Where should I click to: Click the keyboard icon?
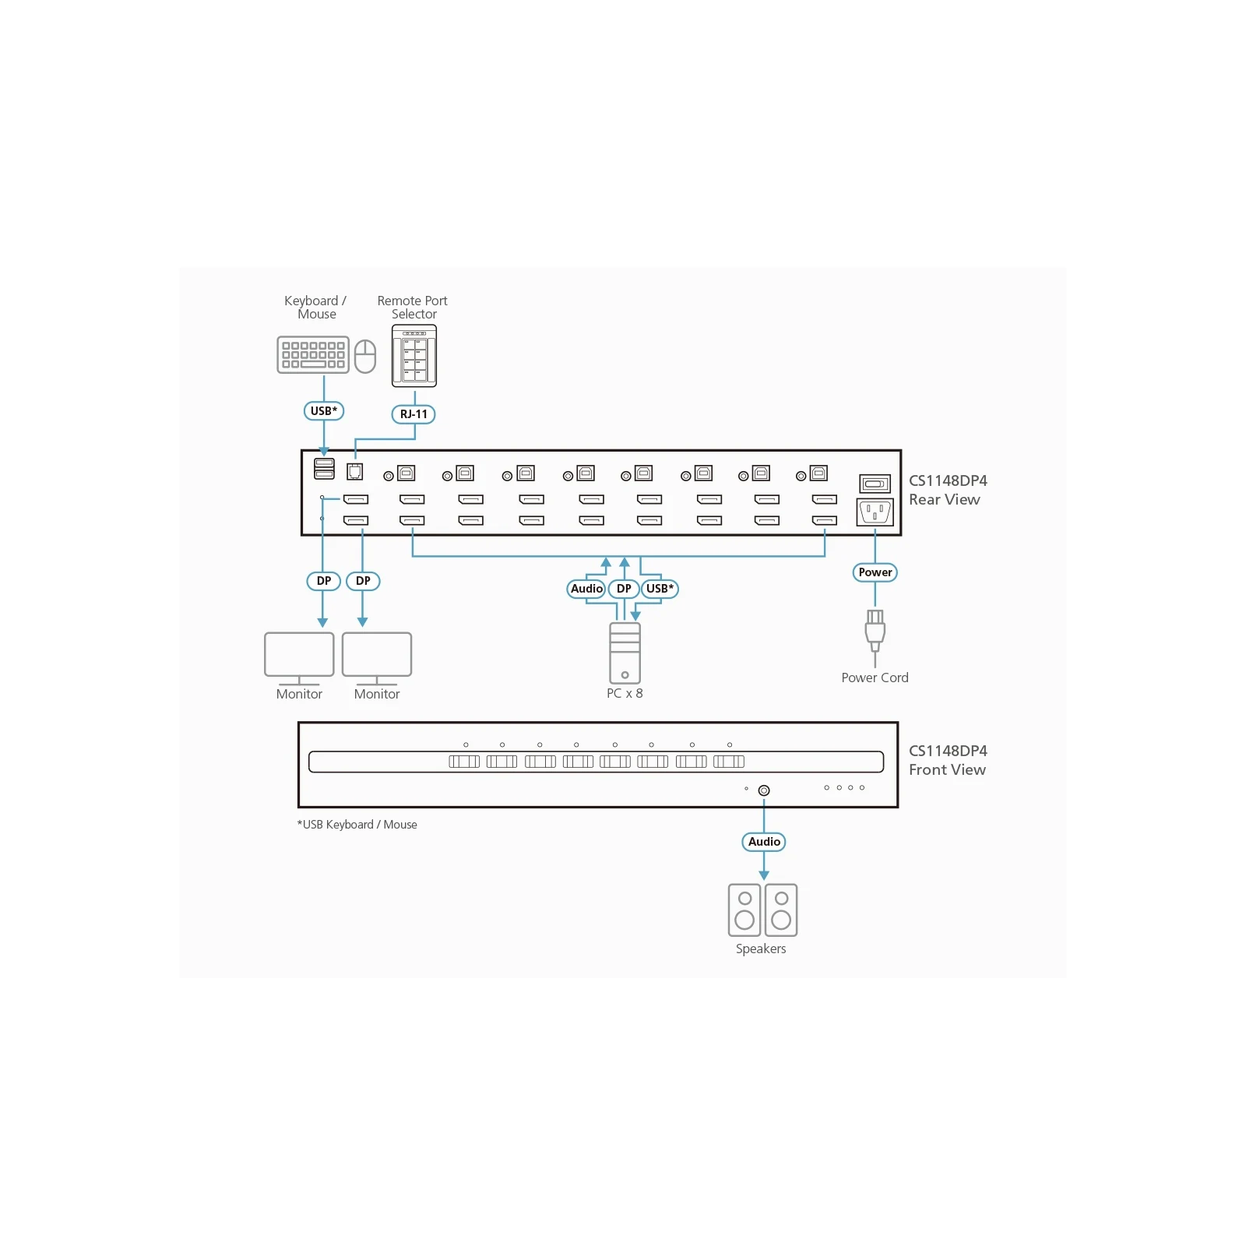[313, 354]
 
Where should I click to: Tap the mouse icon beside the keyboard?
[365, 356]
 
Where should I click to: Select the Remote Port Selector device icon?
[414, 356]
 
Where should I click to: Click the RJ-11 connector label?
[414, 414]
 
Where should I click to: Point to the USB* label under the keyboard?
[324, 411]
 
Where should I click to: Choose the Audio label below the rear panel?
[586, 589]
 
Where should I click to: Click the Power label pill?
[875, 572]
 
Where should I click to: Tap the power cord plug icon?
[875, 631]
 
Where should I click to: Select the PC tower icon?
[625, 653]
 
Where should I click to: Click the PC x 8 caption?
[625, 693]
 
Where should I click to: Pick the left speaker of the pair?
[744, 910]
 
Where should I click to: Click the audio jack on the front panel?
[764, 790]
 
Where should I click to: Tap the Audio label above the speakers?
[764, 842]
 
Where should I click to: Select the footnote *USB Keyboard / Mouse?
[357, 825]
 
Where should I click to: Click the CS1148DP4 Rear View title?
[948, 490]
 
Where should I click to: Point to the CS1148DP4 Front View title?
[948, 760]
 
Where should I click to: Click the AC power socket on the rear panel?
[875, 512]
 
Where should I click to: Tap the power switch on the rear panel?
[875, 484]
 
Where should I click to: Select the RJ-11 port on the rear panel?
[355, 471]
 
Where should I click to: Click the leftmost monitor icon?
[299, 659]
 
